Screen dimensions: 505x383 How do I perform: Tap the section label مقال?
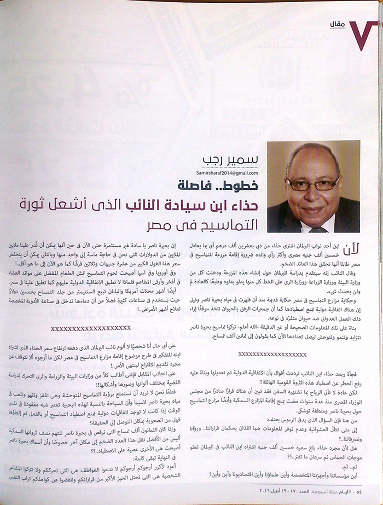338,23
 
